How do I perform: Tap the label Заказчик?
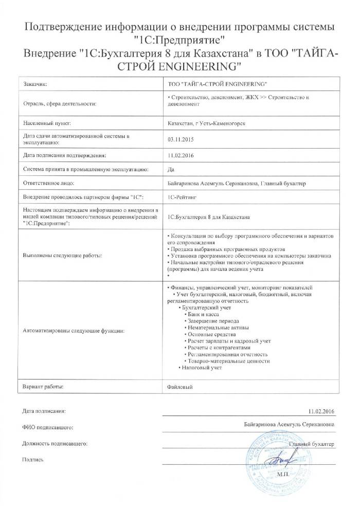(37, 84)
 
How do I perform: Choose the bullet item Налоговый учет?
(202, 367)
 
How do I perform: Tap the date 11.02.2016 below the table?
(321, 411)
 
